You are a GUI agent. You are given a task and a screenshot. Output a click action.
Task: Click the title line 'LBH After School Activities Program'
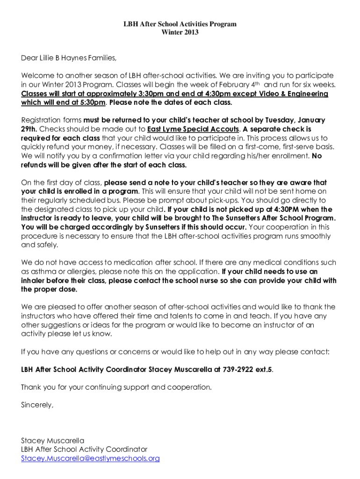(180, 24)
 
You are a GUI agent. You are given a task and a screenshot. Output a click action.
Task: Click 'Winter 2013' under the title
(180, 32)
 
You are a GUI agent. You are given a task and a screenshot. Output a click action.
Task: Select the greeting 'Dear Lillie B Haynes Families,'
(68, 58)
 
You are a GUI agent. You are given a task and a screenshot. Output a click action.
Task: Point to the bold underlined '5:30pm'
(89, 102)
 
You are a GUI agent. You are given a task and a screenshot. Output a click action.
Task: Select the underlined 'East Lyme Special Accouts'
(193, 129)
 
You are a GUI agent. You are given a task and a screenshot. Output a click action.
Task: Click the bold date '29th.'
(30, 129)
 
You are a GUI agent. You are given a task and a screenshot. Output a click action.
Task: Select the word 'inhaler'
(34, 280)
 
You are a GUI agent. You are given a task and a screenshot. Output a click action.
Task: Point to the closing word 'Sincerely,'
(37, 405)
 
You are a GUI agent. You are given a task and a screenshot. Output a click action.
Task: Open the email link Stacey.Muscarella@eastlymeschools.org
(90, 458)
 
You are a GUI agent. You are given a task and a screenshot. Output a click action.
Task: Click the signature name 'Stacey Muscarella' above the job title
(52, 441)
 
